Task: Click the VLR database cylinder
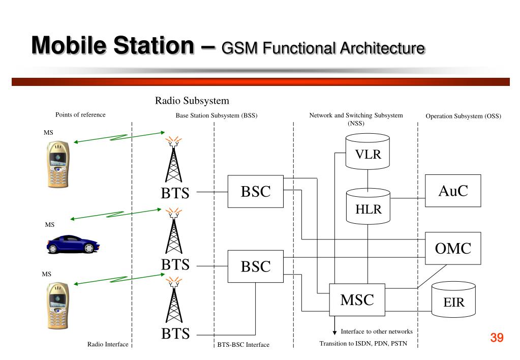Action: point(368,152)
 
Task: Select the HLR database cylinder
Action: point(368,206)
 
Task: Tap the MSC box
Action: point(357,299)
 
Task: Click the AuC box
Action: point(453,191)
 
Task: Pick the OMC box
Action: point(453,248)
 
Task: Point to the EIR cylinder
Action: point(454,299)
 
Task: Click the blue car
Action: point(73,244)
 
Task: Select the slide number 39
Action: point(497,338)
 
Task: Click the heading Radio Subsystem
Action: point(192,101)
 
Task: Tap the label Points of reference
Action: point(80,115)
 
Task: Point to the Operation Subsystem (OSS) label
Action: point(463,116)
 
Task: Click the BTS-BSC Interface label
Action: point(243,345)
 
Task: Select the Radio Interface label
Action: point(108,344)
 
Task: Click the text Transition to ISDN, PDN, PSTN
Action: point(363,343)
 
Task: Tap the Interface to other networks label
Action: point(377,332)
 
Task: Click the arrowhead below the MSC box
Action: point(334,333)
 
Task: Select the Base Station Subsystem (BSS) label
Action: point(217,115)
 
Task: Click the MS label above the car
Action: point(50,225)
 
